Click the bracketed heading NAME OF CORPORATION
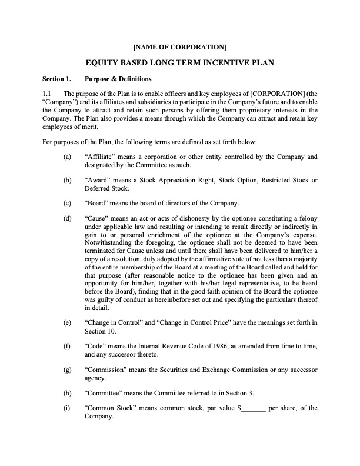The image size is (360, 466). (x=180, y=46)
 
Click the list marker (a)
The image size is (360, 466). (x=68, y=157)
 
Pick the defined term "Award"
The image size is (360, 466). (x=98, y=180)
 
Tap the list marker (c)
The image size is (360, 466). (x=68, y=204)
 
